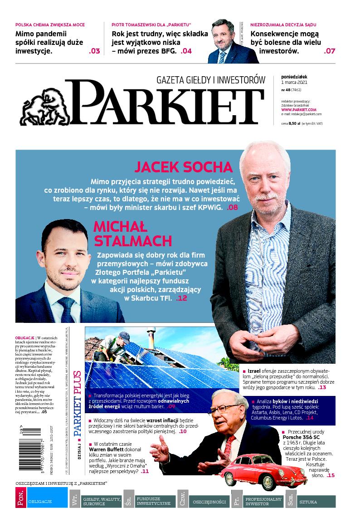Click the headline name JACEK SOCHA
(x=185, y=167)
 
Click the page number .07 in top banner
(x=329, y=51)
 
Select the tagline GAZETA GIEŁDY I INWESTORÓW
(x=210, y=80)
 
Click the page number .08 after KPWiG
(x=232, y=208)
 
